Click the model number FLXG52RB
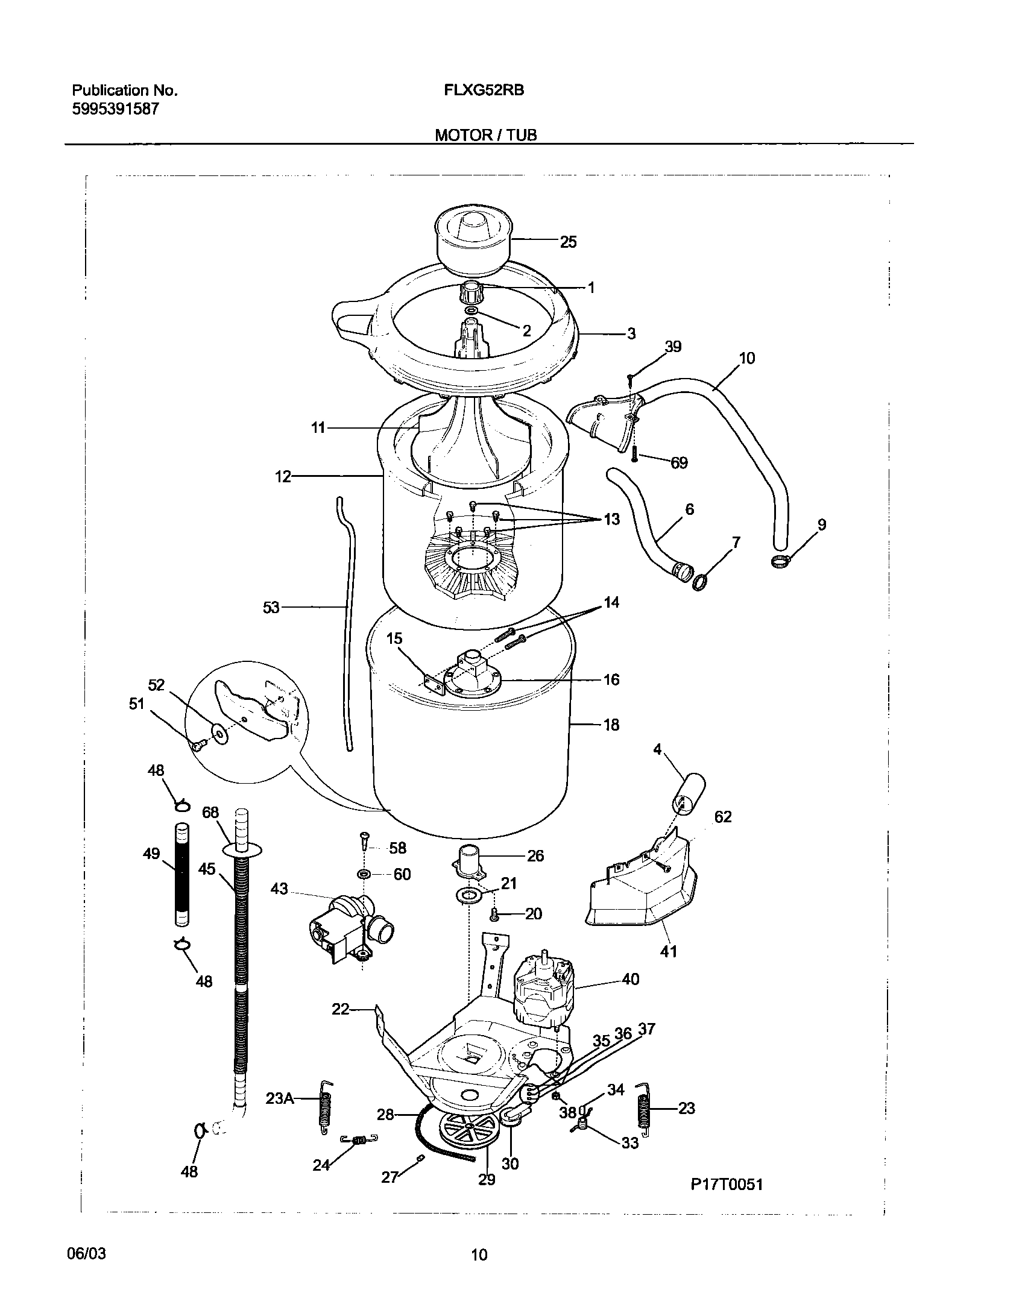click(484, 90)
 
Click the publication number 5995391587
click(115, 109)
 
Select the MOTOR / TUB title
click(485, 135)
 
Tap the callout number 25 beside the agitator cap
click(568, 242)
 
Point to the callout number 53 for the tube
click(271, 607)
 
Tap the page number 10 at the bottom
click(479, 1256)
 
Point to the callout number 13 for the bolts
click(611, 519)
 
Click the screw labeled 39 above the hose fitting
click(630, 378)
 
